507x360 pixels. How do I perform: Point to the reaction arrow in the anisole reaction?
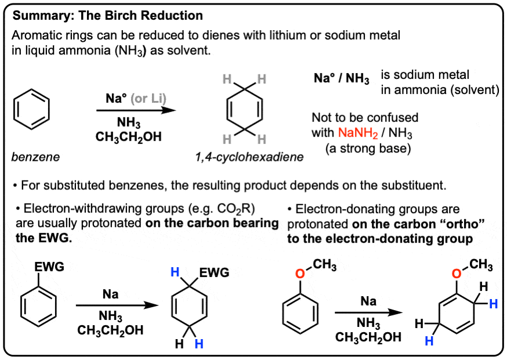pos(369,312)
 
